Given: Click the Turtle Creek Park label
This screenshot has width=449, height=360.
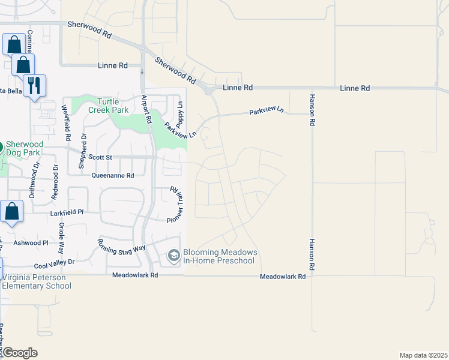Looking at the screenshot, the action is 109,106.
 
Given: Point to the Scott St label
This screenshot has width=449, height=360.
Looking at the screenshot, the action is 100,157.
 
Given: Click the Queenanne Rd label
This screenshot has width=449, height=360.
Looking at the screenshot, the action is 112,176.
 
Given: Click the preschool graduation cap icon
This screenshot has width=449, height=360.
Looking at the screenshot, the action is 173,256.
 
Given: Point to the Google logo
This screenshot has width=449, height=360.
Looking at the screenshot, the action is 20,353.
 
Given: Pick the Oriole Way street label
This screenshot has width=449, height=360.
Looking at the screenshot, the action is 61,239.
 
